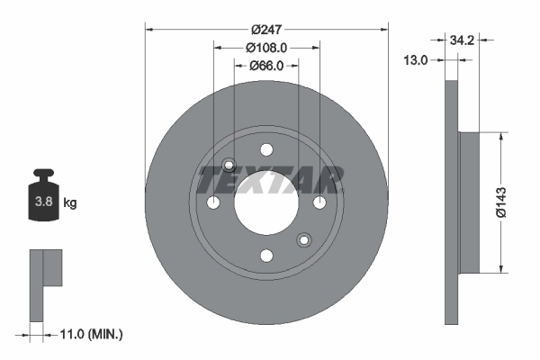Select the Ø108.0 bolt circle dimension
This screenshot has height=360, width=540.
pos(266,48)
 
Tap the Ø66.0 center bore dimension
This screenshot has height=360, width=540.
pos(266,65)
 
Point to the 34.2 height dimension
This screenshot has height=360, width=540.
pos(463,40)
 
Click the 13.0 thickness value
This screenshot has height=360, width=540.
pos(416,59)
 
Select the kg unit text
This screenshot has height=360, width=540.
pos(70,203)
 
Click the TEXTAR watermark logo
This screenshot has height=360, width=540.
pos(269,180)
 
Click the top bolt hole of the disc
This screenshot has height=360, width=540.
pos(266,150)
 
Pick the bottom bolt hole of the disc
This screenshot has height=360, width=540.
pos(266,256)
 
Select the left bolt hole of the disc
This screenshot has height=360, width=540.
pos(213,202)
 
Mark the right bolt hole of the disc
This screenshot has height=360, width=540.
pos(319,202)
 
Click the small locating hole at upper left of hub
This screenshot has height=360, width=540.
pos(229,166)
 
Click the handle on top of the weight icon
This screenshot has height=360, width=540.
pos(43,175)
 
